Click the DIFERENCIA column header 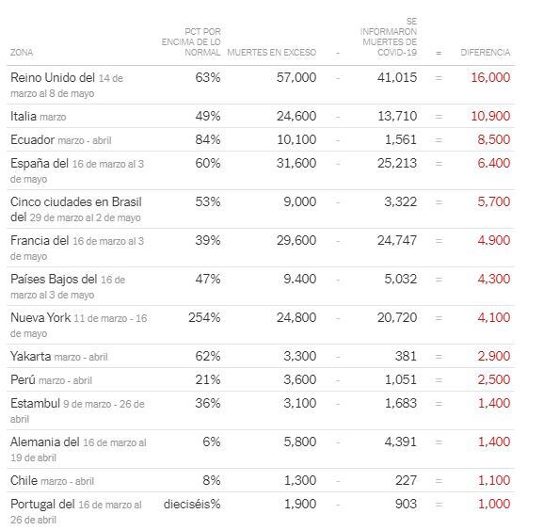(x=485, y=53)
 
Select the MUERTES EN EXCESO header (x=271, y=53)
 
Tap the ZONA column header (x=22, y=53)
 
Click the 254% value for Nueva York (x=204, y=317)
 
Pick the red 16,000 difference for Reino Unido (x=490, y=77)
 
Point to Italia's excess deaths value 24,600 (x=296, y=116)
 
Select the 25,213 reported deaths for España (x=397, y=163)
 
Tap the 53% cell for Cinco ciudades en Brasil (x=207, y=201)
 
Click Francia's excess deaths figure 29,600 (x=296, y=240)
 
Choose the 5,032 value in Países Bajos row (x=400, y=279)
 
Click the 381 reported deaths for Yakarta (x=406, y=356)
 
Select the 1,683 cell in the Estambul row (x=400, y=403)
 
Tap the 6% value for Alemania (x=212, y=442)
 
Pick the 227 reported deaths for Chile (x=406, y=480)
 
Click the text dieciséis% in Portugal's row (x=192, y=504)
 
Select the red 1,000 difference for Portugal (x=494, y=504)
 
